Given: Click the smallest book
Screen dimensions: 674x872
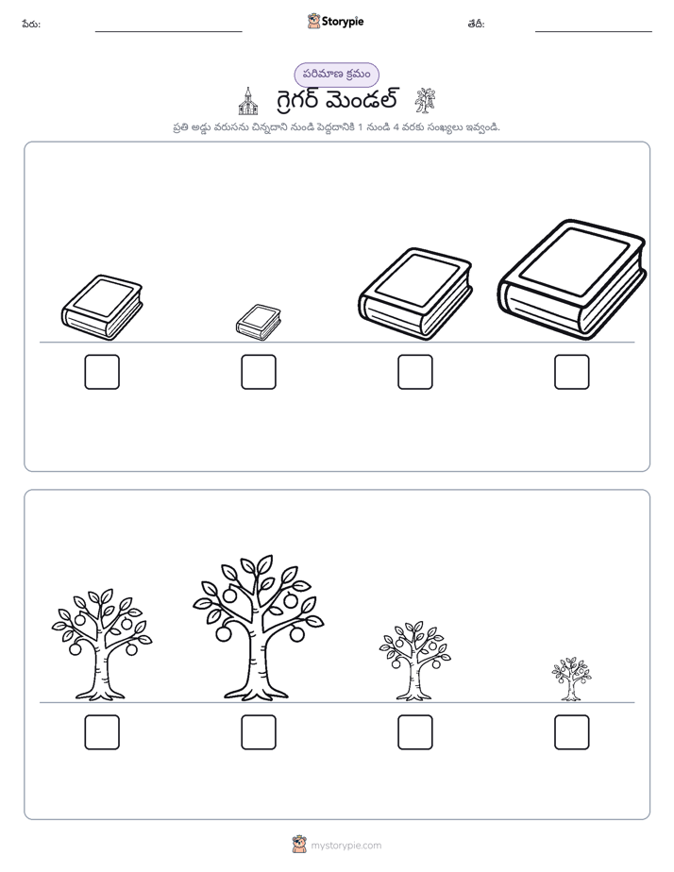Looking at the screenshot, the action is [x=258, y=322].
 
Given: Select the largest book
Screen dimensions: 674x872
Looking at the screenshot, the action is [x=572, y=279].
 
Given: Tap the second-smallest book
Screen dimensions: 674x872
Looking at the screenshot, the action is [x=102, y=308].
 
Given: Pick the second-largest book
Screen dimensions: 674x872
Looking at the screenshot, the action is [x=414, y=294].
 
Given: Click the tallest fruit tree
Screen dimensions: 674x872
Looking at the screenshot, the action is [x=259, y=628].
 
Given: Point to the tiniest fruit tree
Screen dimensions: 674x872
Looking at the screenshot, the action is [x=572, y=679].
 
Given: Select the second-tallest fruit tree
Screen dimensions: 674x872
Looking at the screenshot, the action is [x=102, y=644].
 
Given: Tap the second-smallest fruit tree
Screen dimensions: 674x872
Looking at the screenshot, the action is [x=414, y=661].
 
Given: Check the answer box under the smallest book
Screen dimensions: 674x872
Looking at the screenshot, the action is [x=259, y=372].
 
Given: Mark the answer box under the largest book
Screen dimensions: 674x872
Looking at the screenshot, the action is [x=572, y=372].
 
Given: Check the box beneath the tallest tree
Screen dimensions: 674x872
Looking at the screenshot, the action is [x=259, y=732].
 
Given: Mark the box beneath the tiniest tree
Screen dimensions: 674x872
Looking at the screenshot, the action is [x=572, y=732].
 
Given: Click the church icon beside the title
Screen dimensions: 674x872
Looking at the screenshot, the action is [x=248, y=101].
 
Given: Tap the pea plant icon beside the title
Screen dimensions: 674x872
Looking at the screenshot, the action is [x=426, y=101].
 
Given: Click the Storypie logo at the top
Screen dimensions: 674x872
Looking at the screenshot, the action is [x=336, y=22].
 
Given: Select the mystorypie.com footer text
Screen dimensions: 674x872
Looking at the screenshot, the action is [x=345, y=846].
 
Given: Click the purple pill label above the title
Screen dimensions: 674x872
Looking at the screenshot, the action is [x=336, y=75].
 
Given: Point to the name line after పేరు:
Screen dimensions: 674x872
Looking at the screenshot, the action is [x=168, y=32].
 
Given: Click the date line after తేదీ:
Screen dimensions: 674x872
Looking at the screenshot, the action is [x=594, y=32].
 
